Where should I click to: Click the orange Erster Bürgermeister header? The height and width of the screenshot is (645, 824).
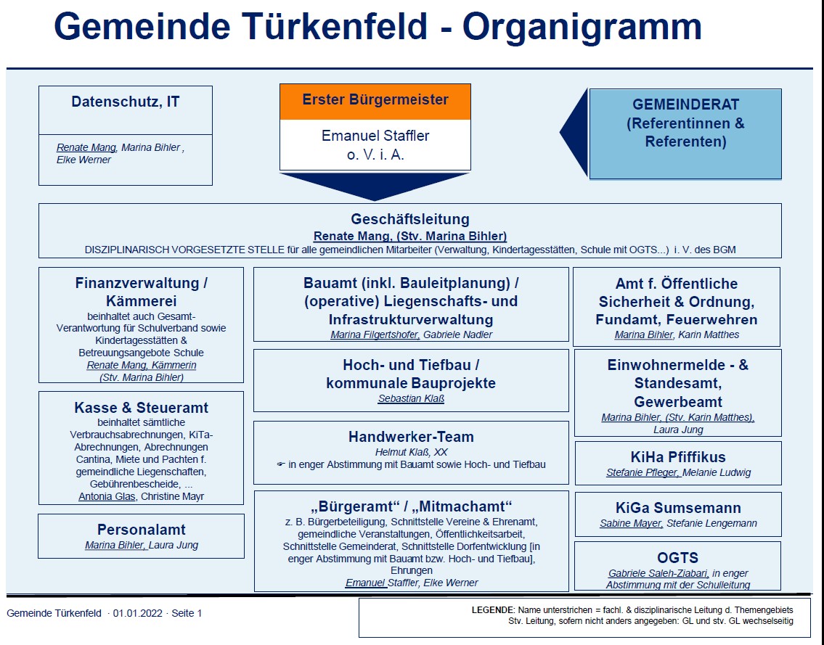[x=375, y=102]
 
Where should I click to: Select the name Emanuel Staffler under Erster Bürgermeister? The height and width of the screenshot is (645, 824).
[x=375, y=136]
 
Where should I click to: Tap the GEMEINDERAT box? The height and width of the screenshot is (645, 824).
[x=685, y=134]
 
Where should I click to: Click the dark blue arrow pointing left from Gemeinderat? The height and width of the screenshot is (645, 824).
[x=574, y=132]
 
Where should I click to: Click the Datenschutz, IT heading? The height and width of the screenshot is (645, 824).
[x=126, y=102]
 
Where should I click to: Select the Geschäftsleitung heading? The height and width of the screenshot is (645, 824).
[x=410, y=219]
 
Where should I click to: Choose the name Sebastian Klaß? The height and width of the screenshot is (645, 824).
[x=411, y=398]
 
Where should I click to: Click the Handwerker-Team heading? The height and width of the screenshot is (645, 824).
[x=411, y=437]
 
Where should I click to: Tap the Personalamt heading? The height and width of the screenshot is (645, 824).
[x=142, y=530]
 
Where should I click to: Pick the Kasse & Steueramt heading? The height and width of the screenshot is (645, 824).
[x=142, y=408]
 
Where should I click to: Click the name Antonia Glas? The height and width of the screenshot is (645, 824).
[x=107, y=496]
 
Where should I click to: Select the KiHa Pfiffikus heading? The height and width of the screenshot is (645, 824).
[x=678, y=457]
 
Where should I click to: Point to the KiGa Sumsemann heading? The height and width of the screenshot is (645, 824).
[x=678, y=508]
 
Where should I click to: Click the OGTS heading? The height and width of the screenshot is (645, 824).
[x=678, y=557]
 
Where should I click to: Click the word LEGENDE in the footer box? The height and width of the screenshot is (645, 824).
[x=493, y=610]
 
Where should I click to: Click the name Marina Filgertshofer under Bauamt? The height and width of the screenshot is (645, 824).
[x=375, y=334]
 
